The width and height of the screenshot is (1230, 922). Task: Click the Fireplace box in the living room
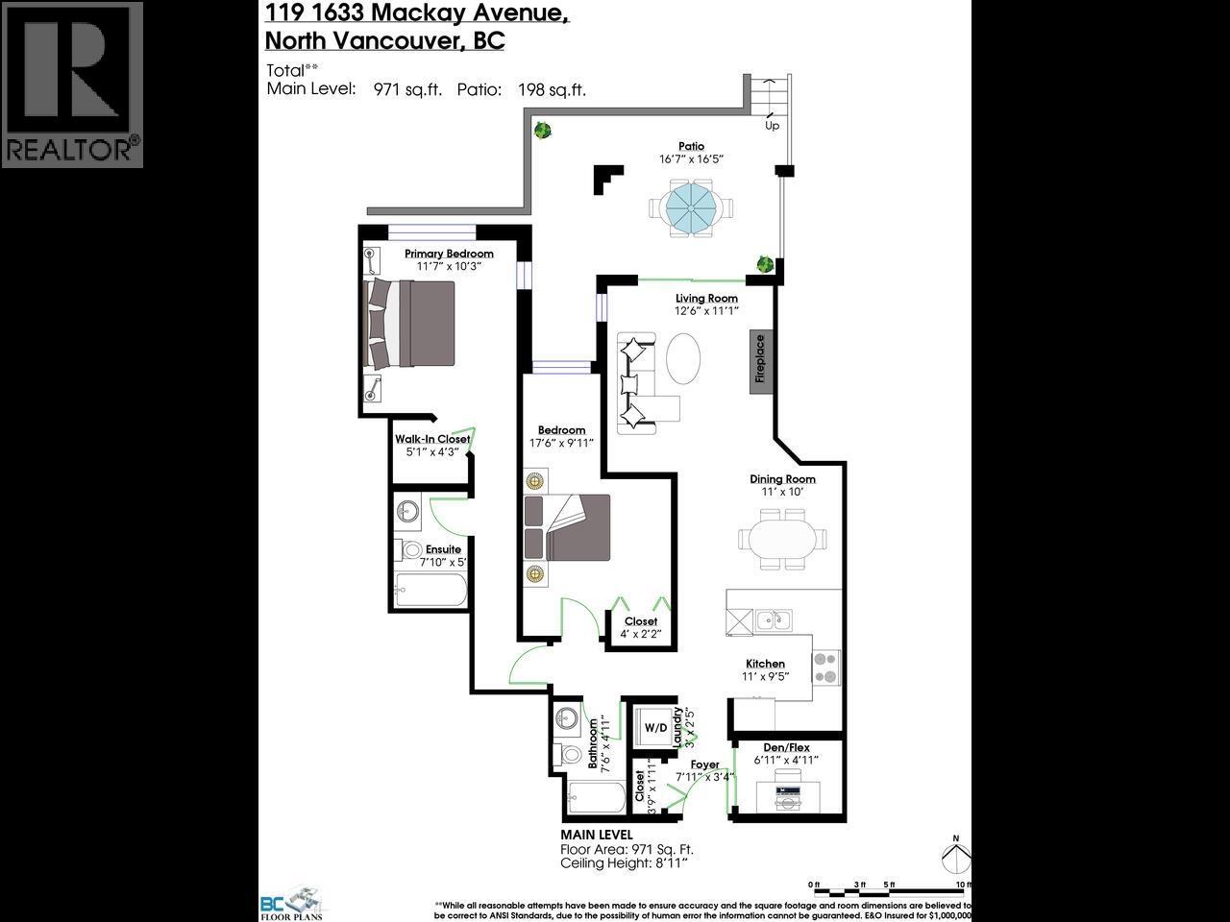[x=760, y=359]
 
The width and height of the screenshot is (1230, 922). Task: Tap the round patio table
[x=690, y=207]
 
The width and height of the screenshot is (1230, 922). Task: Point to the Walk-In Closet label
[x=432, y=439]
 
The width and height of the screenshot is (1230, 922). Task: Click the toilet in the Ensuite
[x=410, y=550]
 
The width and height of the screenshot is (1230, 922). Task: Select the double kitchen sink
[x=773, y=619]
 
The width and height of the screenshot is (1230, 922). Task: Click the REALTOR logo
[x=72, y=85]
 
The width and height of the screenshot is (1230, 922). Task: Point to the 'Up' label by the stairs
[x=772, y=126]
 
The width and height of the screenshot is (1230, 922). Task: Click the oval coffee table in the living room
[x=684, y=361]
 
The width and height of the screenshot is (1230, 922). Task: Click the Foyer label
[x=704, y=764]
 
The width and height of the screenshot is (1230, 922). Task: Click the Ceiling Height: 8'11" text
[x=624, y=863]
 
